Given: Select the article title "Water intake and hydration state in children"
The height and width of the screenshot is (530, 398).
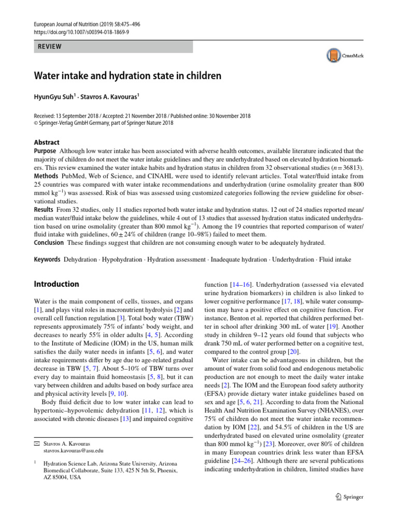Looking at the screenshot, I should (x=127, y=76).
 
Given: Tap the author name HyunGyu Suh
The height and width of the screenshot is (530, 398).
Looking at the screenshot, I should (x=54, y=97).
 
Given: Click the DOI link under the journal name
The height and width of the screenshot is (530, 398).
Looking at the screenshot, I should (x=81, y=32).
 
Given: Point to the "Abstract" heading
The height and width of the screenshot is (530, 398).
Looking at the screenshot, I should (x=47, y=142).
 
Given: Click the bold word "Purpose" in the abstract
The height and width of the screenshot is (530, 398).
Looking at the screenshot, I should (x=45, y=150).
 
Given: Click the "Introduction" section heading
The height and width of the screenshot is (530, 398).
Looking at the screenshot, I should (x=56, y=284).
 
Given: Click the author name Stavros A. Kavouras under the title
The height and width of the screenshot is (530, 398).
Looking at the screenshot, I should (x=109, y=97).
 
